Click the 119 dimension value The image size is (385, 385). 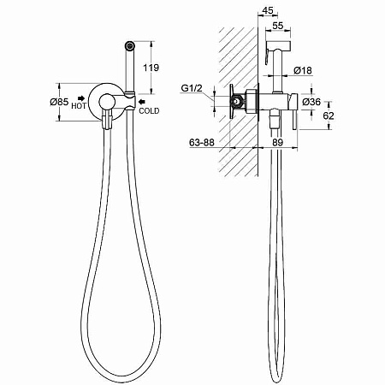tap(151, 68)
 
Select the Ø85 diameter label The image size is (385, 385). tap(59, 102)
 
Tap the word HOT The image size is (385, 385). tap(79, 106)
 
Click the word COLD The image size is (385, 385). tap(149, 110)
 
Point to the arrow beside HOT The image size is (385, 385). tap(82, 98)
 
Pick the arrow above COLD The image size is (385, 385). tap(142, 102)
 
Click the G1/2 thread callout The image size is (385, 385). tap(192, 88)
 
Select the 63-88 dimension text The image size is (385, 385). tap(202, 142)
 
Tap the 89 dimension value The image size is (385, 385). tap(277, 142)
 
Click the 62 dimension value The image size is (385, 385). tap(329, 115)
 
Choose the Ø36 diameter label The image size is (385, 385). tap(311, 102)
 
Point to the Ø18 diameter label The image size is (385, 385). tap(303, 70)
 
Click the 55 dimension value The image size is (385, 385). tap(278, 26)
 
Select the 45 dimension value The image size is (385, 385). tap(267, 10)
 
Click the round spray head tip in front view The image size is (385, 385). tap(130, 45)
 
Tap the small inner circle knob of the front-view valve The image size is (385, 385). tap(107, 102)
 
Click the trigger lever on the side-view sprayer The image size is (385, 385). tap(266, 56)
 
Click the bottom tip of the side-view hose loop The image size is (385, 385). tap(275, 381)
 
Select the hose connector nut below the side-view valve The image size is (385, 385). tap(275, 118)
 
